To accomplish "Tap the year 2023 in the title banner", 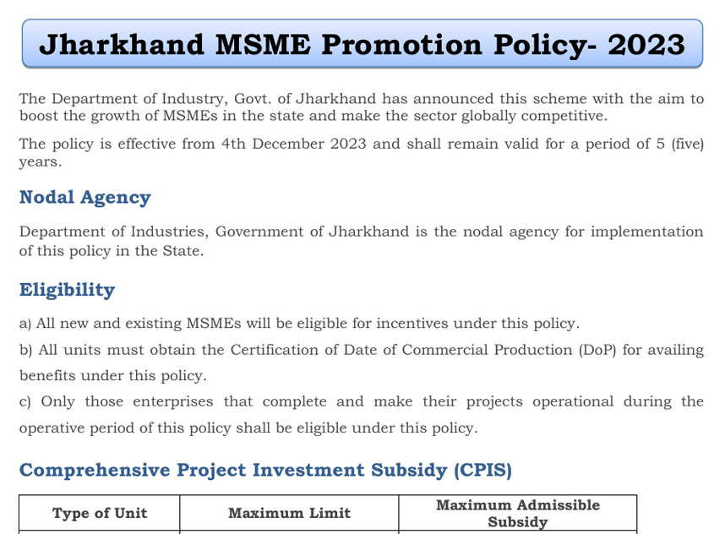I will tap(646, 44).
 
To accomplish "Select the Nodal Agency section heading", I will tap(84, 198).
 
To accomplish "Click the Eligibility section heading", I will tap(67, 290).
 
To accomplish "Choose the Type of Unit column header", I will tap(100, 513).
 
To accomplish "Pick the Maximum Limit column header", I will tap(289, 513).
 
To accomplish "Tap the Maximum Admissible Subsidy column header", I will tap(517, 513).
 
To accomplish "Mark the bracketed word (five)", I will tap(686, 144).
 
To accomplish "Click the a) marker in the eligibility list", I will tap(25, 324).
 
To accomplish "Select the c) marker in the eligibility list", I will tap(25, 401).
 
